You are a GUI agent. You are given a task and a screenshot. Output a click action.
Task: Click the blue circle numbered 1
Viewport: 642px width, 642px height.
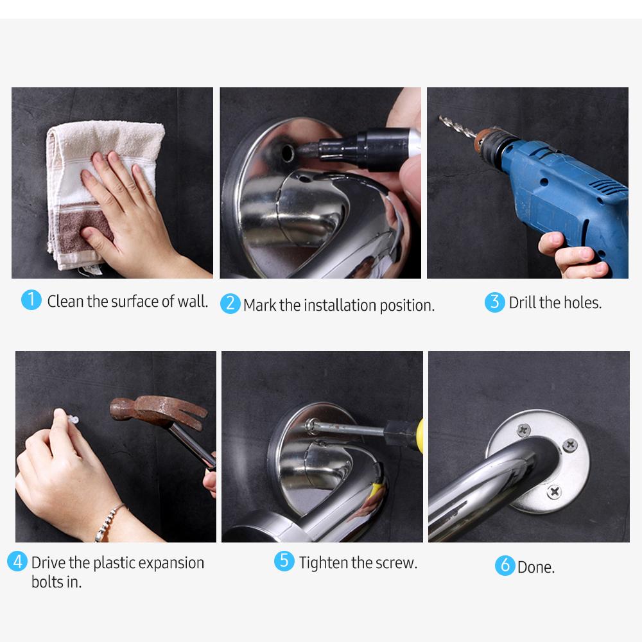click(31, 300)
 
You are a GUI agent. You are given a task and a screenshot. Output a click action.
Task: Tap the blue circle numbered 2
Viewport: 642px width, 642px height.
click(230, 303)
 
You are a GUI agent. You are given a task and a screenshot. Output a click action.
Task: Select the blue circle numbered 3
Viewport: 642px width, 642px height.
click(494, 302)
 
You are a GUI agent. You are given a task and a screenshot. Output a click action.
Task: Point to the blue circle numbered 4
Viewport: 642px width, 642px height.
click(17, 562)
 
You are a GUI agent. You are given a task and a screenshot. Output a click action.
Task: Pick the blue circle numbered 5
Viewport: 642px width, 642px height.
click(284, 561)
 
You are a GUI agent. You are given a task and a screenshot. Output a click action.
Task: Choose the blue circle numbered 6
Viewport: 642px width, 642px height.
click(505, 566)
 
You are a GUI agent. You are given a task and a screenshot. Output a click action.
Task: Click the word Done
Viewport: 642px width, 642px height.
click(536, 567)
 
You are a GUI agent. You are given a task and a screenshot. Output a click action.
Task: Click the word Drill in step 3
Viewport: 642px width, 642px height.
click(523, 302)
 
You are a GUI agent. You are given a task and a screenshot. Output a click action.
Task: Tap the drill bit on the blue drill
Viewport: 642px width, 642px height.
click(458, 126)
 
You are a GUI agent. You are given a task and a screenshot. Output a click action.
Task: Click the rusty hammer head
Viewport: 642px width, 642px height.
click(154, 411)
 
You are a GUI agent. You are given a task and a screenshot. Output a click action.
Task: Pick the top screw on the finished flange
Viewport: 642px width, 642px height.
click(524, 429)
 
